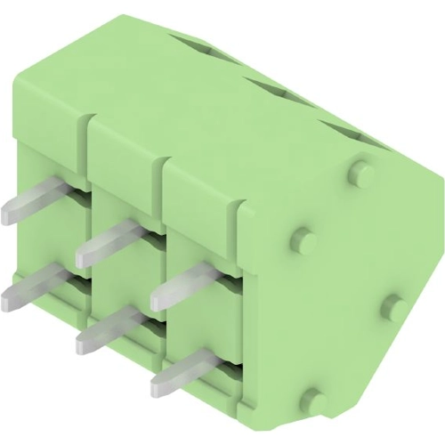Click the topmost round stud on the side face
coord(360,171)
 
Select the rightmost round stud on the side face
coord(394,309)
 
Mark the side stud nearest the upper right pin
coord(303,240)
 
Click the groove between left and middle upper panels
coord(89,133)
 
